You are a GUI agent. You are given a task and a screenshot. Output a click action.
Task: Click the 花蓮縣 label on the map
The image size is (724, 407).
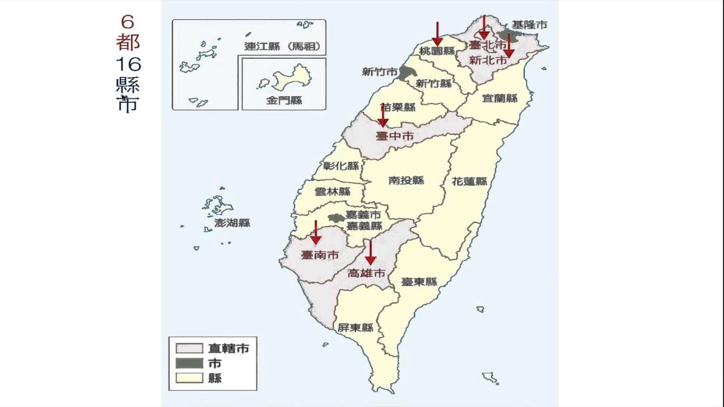[x=469, y=181]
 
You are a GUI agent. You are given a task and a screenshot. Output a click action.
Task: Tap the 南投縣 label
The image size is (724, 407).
[x=406, y=180]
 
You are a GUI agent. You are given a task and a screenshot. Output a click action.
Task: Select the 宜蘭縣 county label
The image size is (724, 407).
[x=499, y=98]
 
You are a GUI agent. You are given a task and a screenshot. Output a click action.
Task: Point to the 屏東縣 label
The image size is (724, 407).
[x=355, y=327]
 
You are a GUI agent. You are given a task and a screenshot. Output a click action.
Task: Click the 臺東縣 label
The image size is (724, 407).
[x=419, y=282]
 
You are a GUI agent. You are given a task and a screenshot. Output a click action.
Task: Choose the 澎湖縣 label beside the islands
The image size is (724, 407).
[x=232, y=223]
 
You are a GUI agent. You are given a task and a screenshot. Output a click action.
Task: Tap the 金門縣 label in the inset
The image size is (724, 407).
[x=284, y=101]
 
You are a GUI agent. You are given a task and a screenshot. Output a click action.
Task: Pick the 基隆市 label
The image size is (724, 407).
[x=529, y=25]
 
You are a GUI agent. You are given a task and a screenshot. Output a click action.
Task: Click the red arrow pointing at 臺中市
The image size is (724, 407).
[x=383, y=115]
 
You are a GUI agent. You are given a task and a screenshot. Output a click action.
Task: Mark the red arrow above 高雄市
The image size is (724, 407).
[x=370, y=252]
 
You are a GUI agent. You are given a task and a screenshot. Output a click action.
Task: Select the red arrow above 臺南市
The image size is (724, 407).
[x=316, y=233]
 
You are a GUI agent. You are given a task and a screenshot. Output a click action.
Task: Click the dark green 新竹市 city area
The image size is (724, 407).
[x=405, y=72]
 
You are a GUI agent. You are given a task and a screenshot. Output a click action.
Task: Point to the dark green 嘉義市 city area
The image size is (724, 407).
[x=337, y=218]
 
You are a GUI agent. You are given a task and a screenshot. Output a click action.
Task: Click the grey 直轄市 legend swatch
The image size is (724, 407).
[x=189, y=348]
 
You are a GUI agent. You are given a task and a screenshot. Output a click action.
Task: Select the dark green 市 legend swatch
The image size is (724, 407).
[x=189, y=363]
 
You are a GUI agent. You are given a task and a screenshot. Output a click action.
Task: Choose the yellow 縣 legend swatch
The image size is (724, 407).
[x=189, y=378]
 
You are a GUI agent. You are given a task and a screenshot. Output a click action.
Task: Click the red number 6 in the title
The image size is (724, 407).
[x=128, y=22]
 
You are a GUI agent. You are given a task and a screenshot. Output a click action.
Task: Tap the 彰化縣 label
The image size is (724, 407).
[x=341, y=166]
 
